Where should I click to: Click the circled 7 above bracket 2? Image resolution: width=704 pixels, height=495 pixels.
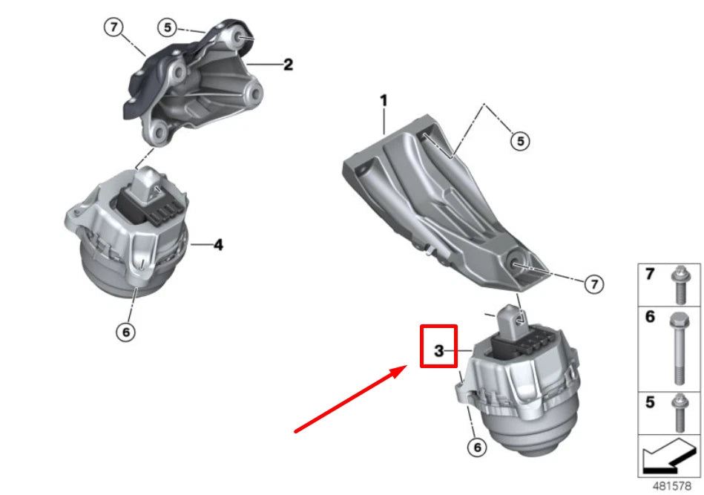click(113, 28)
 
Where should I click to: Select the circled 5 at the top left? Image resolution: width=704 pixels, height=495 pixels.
click(168, 28)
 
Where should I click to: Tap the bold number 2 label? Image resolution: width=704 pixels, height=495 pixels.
click(288, 65)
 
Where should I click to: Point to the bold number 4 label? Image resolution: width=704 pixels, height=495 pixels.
click(218, 243)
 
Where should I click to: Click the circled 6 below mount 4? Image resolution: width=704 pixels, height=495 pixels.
click(126, 332)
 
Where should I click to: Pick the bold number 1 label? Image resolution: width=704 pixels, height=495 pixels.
click(384, 99)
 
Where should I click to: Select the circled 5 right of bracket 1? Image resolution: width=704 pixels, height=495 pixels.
click(520, 140)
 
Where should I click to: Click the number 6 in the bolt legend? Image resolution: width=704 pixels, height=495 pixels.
click(650, 317)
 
